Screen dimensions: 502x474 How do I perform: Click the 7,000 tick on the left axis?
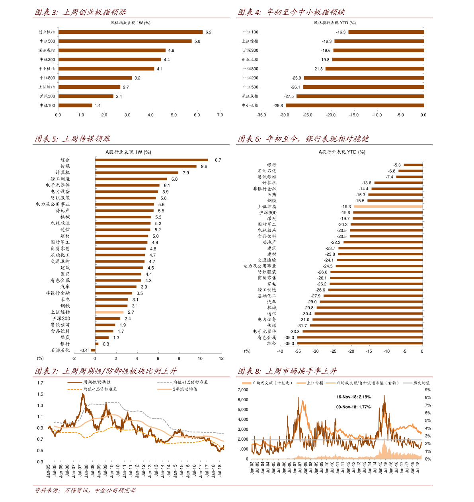tap(243, 390)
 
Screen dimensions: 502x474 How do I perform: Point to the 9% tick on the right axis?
tap(428, 390)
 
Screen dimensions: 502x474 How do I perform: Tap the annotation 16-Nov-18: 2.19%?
tap(353, 397)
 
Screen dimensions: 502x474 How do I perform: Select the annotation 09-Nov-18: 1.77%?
tap(353, 407)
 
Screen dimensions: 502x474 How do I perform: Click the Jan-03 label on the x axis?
tap(252, 467)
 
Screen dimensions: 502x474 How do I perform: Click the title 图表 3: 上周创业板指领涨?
tap(80, 12)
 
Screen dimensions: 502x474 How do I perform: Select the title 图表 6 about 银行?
tap(303, 139)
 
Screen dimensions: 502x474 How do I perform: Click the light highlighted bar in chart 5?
tap(109, 312)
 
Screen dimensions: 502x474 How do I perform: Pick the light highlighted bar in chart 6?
tap(388, 206)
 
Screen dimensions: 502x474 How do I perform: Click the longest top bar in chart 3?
tap(131, 32)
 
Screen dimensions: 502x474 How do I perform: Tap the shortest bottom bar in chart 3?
tap(75, 105)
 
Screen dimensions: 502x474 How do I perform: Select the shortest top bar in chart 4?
tap(386, 32)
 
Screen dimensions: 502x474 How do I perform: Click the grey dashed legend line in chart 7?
tap(164, 382)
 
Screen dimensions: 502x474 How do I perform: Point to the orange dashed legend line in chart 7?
tap(75, 389)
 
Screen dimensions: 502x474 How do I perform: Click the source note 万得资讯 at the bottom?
tap(76, 490)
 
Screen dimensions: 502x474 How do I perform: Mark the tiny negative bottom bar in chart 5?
tap(93, 350)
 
